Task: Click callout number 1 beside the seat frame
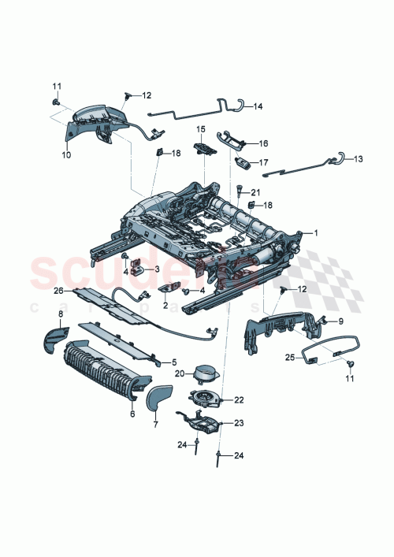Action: pos(316,232)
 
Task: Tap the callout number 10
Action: pos(65,155)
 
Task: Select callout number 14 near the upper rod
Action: pos(258,106)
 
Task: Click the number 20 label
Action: pos(180,373)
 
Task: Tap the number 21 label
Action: pos(255,192)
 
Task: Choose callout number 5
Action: pos(174,362)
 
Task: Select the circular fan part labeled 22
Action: pos(205,399)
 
